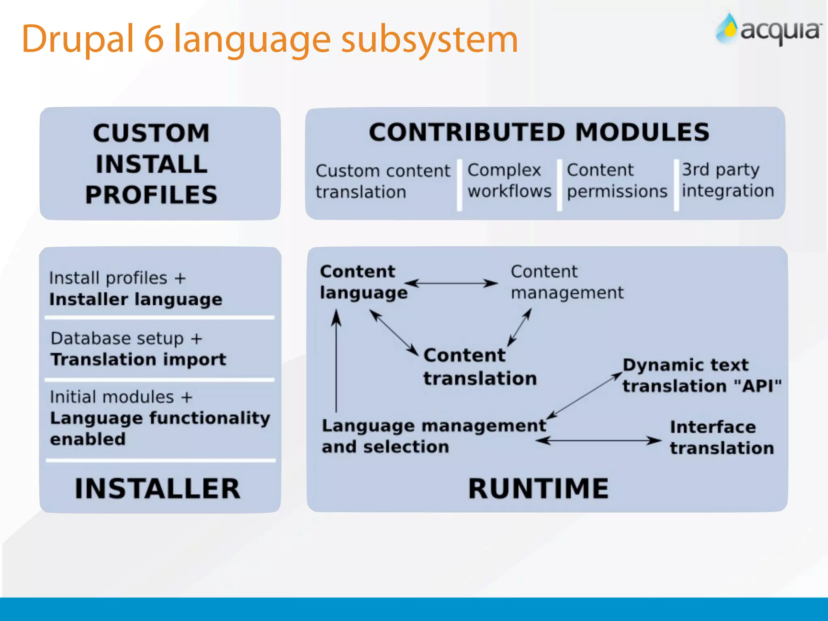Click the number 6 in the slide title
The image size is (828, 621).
tap(154, 39)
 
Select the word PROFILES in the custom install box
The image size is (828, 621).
tap(151, 195)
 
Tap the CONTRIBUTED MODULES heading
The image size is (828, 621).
tap(539, 132)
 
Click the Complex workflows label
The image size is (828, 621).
tap(509, 180)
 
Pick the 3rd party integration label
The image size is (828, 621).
tap(728, 180)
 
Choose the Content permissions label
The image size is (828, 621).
tap(617, 181)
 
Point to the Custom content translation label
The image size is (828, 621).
tap(382, 181)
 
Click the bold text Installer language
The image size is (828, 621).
tap(136, 300)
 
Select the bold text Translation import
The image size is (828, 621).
tap(138, 359)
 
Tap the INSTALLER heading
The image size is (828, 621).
tap(158, 488)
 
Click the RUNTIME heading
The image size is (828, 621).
tap(538, 488)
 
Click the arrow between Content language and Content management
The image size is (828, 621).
tap(451, 283)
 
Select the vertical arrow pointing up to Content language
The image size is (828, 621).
tap(336, 360)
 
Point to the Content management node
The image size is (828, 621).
tap(567, 282)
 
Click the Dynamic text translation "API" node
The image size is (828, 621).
tap(701, 376)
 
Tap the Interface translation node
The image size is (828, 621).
tap(722, 437)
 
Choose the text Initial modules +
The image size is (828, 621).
tap(121, 397)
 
